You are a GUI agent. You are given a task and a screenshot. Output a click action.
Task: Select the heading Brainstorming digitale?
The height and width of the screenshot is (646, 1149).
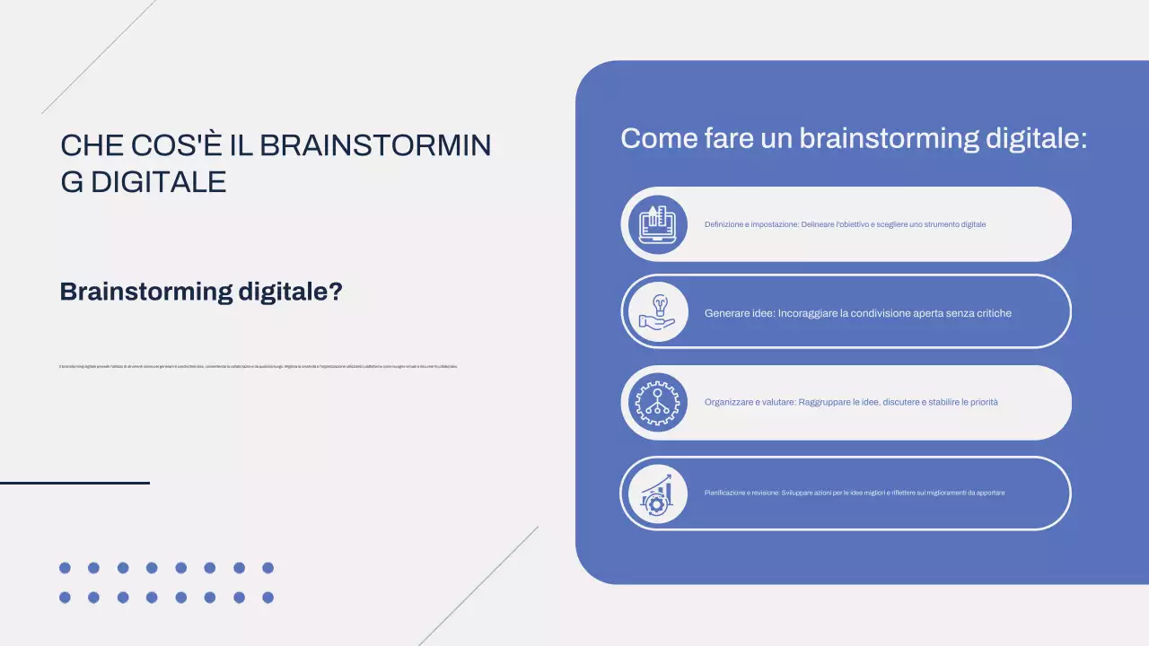pyautogui.click(x=201, y=292)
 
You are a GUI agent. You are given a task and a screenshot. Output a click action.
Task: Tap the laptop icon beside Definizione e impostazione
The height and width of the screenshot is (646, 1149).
pyautogui.click(x=654, y=224)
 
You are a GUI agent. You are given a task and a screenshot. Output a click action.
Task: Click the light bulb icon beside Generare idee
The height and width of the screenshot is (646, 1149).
pyautogui.click(x=654, y=311)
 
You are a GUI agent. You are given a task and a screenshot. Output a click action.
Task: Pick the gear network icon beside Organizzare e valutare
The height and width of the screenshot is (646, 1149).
pyautogui.click(x=654, y=402)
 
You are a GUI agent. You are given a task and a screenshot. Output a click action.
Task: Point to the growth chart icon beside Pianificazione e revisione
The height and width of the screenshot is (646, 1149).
pyautogui.click(x=654, y=493)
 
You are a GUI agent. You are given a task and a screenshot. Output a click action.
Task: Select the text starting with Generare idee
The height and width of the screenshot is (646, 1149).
pyautogui.click(x=857, y=313)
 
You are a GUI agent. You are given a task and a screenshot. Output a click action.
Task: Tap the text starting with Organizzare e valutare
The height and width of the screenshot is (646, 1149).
pyautogui.click(x=851, y=402)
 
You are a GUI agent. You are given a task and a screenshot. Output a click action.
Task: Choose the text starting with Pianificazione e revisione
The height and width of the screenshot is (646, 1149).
pyautogui.click(x=854, y=493)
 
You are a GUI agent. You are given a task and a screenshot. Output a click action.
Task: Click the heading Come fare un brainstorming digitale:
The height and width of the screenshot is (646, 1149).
pyautogui.click(x=854, y=139)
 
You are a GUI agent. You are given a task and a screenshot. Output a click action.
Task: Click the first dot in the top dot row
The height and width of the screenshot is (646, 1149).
pyautogui.click(x=65, y=568)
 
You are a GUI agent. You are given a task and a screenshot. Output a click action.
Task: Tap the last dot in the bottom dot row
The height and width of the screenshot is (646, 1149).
pyautogui.click(x=268, y=598)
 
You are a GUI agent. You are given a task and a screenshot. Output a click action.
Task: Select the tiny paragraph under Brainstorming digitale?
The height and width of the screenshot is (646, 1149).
pyautogui.click(x=259, y=366)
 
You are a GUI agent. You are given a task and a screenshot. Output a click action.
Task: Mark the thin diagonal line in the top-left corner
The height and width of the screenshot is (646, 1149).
pyautogui.click(x=99, y=57)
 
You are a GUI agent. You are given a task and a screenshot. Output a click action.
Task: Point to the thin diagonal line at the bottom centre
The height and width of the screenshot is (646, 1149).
pyautogui.click(x=478, y=586)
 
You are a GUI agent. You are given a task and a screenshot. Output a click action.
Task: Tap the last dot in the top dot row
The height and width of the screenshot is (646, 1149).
pyautogui.click(x=268, y=568)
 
